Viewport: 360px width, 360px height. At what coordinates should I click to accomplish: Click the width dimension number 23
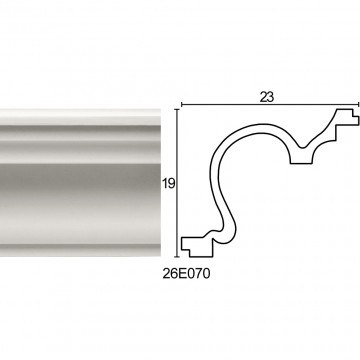coord(267,97)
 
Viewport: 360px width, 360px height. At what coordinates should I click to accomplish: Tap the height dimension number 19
coord(169,183)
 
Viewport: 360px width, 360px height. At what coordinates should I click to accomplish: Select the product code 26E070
coord(187,274)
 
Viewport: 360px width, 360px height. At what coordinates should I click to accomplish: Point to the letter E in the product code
coord(182,274)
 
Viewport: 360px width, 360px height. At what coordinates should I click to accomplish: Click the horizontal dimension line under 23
coord(270,105)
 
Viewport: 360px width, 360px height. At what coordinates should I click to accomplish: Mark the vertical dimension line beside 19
coord(177,183)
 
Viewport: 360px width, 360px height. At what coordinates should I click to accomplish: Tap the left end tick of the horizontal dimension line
coord(181,105)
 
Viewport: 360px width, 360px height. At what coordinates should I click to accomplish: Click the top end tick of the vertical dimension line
coord(177,109)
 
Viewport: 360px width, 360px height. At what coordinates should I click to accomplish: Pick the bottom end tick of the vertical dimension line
coord(177,257)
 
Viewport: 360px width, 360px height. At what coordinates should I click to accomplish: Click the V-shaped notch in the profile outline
coord(302,147)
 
